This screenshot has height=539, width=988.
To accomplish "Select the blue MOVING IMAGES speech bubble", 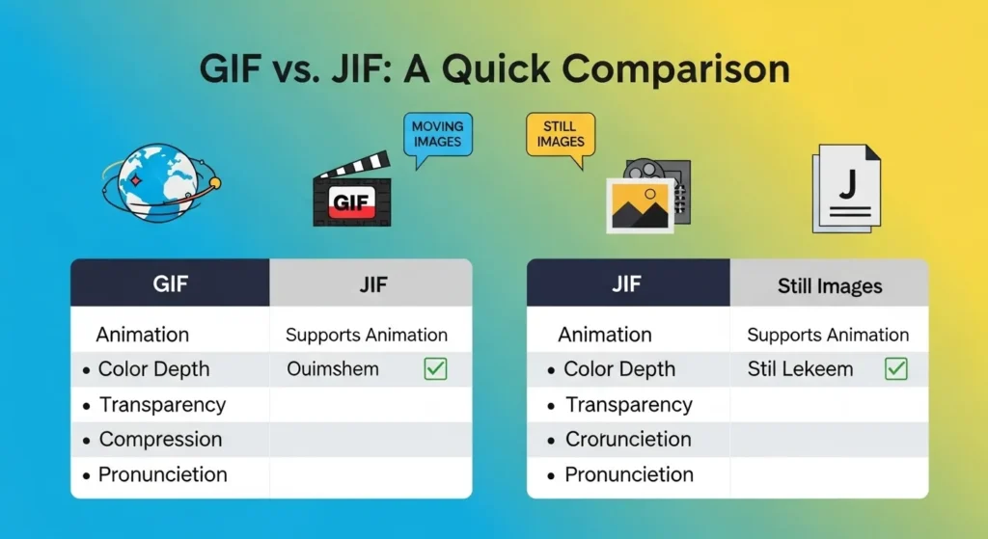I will coord(437,135).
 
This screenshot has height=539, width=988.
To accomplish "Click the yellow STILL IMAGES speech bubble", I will coord(560,134).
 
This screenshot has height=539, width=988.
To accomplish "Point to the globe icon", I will coord(156,181).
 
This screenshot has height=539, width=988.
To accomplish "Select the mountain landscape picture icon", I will coord(640,205).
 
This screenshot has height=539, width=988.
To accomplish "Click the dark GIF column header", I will coord(170,285).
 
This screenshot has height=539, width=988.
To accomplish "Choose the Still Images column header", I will coord(829,286).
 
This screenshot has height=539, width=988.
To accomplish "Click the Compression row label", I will coord(160,440).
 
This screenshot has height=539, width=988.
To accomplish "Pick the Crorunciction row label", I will coord(628,440).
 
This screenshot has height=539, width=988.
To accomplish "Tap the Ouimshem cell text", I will coord(333,369).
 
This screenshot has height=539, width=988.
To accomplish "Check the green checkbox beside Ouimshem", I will coord(436,369).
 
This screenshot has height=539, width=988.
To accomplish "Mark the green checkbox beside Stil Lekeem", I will coord(896,369).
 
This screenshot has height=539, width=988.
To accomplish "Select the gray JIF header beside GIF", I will coord(370,285).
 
